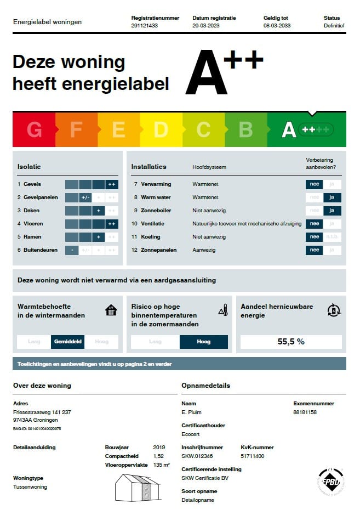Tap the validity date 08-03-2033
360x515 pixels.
277,26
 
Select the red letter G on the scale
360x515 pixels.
34,130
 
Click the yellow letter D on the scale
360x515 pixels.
161,130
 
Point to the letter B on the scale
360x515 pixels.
245,130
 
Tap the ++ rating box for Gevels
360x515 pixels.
112,184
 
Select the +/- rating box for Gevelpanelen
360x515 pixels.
85,197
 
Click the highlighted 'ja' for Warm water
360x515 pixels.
332,197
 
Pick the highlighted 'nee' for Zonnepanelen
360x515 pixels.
314,250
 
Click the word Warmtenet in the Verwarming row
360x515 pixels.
205,184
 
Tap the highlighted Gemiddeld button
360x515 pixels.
68,342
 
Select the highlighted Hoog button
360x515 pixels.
203,342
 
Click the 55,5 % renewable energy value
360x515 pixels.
291,342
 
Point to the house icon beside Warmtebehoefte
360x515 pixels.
111,310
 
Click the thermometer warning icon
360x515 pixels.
223,310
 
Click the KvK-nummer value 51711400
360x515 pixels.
253,456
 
